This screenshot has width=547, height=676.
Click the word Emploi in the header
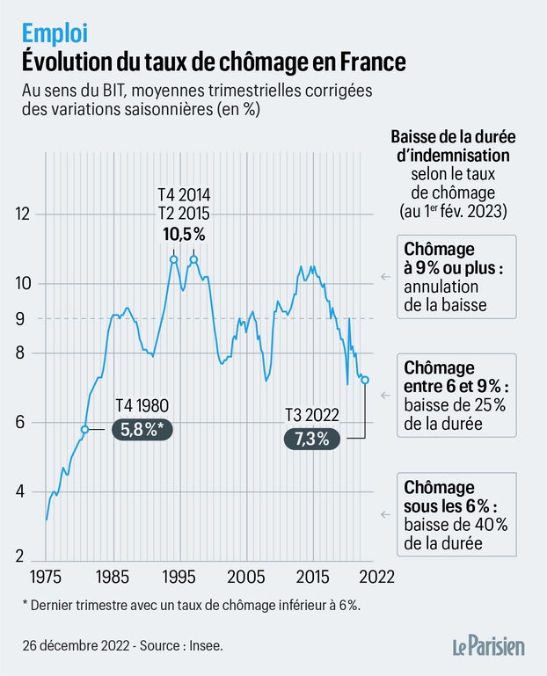pyautogui.click(x=55, y=33)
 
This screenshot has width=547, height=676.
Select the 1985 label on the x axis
pyautogui.click(x=111, y=577)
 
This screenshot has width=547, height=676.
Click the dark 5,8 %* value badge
pyautogui.click(x=143, y=429)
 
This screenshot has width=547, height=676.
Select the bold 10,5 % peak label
pyautogui.click(x=184, y=234)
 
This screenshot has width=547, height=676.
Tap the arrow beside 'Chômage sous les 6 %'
pyautogui.click(x=384, y=514)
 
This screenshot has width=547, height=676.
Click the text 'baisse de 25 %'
pyautogui.click(x=455, y=405)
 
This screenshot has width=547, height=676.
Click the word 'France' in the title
pyautogui.click(x=367, y=62)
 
